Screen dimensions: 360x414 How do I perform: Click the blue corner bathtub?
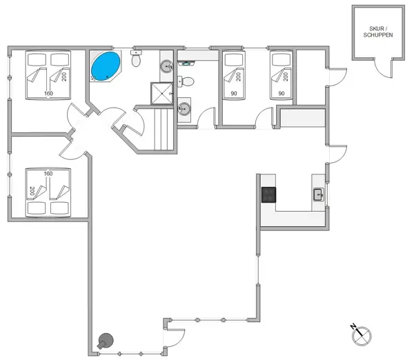[x=105, y=67]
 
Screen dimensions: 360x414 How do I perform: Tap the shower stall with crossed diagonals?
[x=161, y=93]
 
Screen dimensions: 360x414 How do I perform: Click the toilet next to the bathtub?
[x=136, y=61]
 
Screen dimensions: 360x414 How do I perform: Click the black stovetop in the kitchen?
[x=268, y=195]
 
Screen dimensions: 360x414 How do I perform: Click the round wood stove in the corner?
[x=106, y=340]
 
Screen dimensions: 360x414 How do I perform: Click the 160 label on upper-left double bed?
[x=48, y=93]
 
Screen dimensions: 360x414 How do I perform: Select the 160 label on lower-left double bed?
[x=48, y=174]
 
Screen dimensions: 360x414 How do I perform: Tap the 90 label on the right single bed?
[x=282, y=93]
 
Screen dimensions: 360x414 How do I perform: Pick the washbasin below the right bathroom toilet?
[x=184, y=108]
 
